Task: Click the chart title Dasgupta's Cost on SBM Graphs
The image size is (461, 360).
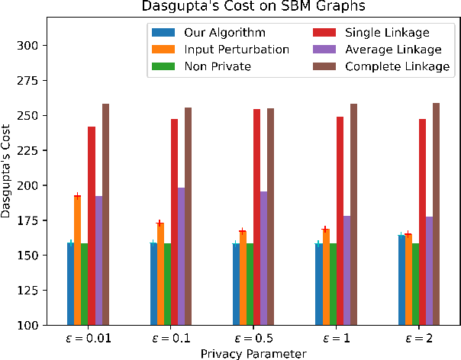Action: (x=250, y=8)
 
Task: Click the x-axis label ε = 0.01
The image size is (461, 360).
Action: (x=88, y=339)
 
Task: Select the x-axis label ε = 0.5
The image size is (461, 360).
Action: (x=253, y=339)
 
